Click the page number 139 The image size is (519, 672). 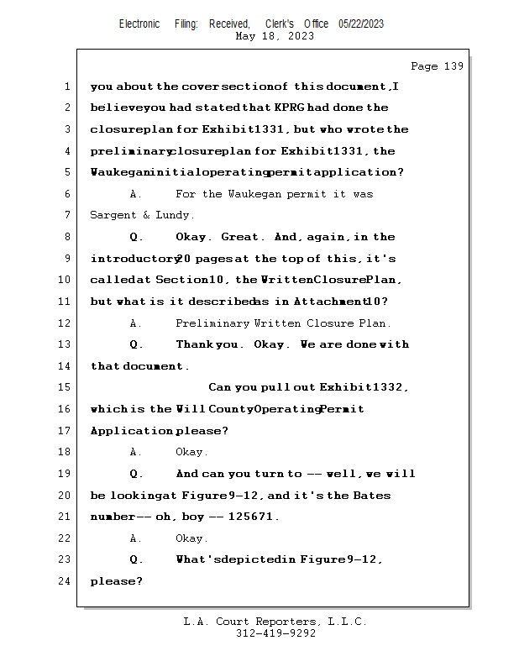pyautogui.click(x=453, y=66)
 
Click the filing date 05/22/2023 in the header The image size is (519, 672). pyautogui.click(x=361, y=24)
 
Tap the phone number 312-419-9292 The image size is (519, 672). pyautogui.click(x=275, y=633)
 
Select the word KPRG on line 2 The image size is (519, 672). pyautogui.click(x=289, y=108)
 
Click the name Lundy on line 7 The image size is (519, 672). pyautogui.click(x=172, y=215)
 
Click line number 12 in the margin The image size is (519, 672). pyautogui.click(x=64, y=323)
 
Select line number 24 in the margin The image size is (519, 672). pyautogui.click(x=64, y=581)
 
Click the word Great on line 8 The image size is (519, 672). pyautogui.click(x=239, y=237)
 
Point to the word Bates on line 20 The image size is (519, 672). pyautogui.click(x=372, y=496)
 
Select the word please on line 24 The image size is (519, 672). pyautogui.click(x=113, y=581)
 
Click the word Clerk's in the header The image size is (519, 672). pyautogui.click(x=280, y=24)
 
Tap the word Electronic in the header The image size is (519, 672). pyautogui.click(x=139, y=24)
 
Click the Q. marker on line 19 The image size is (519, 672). pyautogui.click(x=136, y=474)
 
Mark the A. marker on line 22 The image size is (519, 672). pyautogui.click(x=135, y=538)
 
